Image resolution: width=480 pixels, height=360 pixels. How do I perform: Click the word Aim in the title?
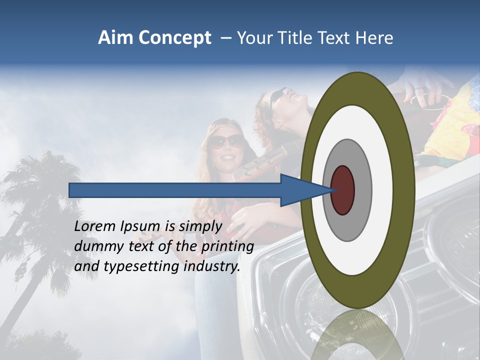[x=116, y=38]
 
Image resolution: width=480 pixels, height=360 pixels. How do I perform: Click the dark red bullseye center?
[x=342, y=190]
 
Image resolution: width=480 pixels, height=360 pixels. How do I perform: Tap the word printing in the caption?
[x=227, y=247]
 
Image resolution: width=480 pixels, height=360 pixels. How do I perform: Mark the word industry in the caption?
[x=212, y=267]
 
